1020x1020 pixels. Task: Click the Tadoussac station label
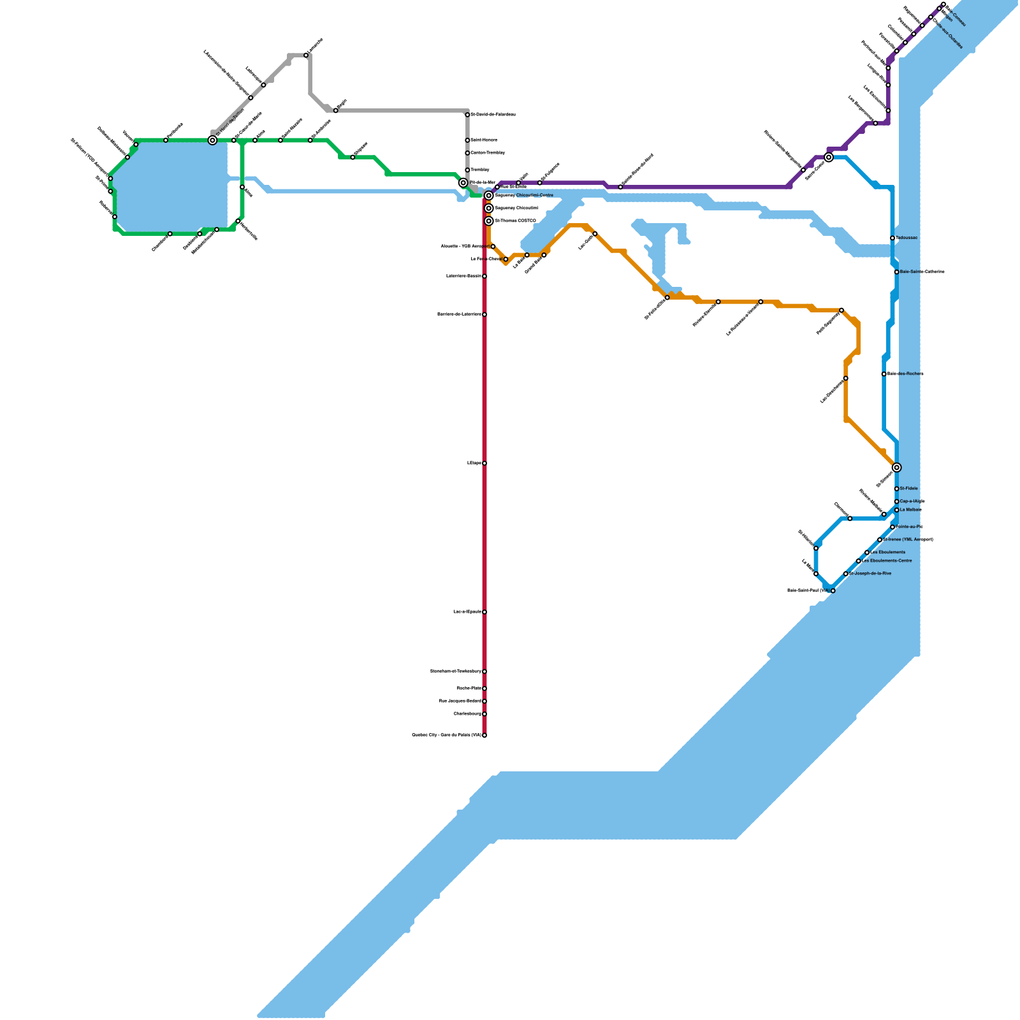tap(907, 238)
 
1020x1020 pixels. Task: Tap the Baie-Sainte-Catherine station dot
tap(896, 272)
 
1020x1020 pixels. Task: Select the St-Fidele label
tap(909, 489)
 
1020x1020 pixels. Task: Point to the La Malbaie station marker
tap(896, 510)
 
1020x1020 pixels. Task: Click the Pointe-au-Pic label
tap(910, 527)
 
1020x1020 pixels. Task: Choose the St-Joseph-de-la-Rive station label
tap(870, 574)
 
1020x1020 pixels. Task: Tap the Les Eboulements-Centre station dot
tap(858, 561)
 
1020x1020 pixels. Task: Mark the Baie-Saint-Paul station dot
tap(833, 591)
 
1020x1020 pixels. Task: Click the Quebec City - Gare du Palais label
tap(446, 735)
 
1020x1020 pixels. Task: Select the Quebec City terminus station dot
tap(484, 735)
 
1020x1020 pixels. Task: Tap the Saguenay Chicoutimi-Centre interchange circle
tap(489, 196)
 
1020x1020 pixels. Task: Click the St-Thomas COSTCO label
tap(516, 221)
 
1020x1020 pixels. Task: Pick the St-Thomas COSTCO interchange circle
tap(489, 221)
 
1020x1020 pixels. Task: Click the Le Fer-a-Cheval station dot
tap(506, 259)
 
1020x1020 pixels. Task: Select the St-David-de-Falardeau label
tap(493, 115)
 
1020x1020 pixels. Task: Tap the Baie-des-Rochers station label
tap(905, 374)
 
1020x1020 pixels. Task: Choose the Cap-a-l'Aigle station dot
tap(896, 502)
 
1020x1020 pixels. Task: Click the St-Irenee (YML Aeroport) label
tap(908, 540)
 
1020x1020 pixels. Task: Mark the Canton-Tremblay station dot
tap(467, 153)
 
